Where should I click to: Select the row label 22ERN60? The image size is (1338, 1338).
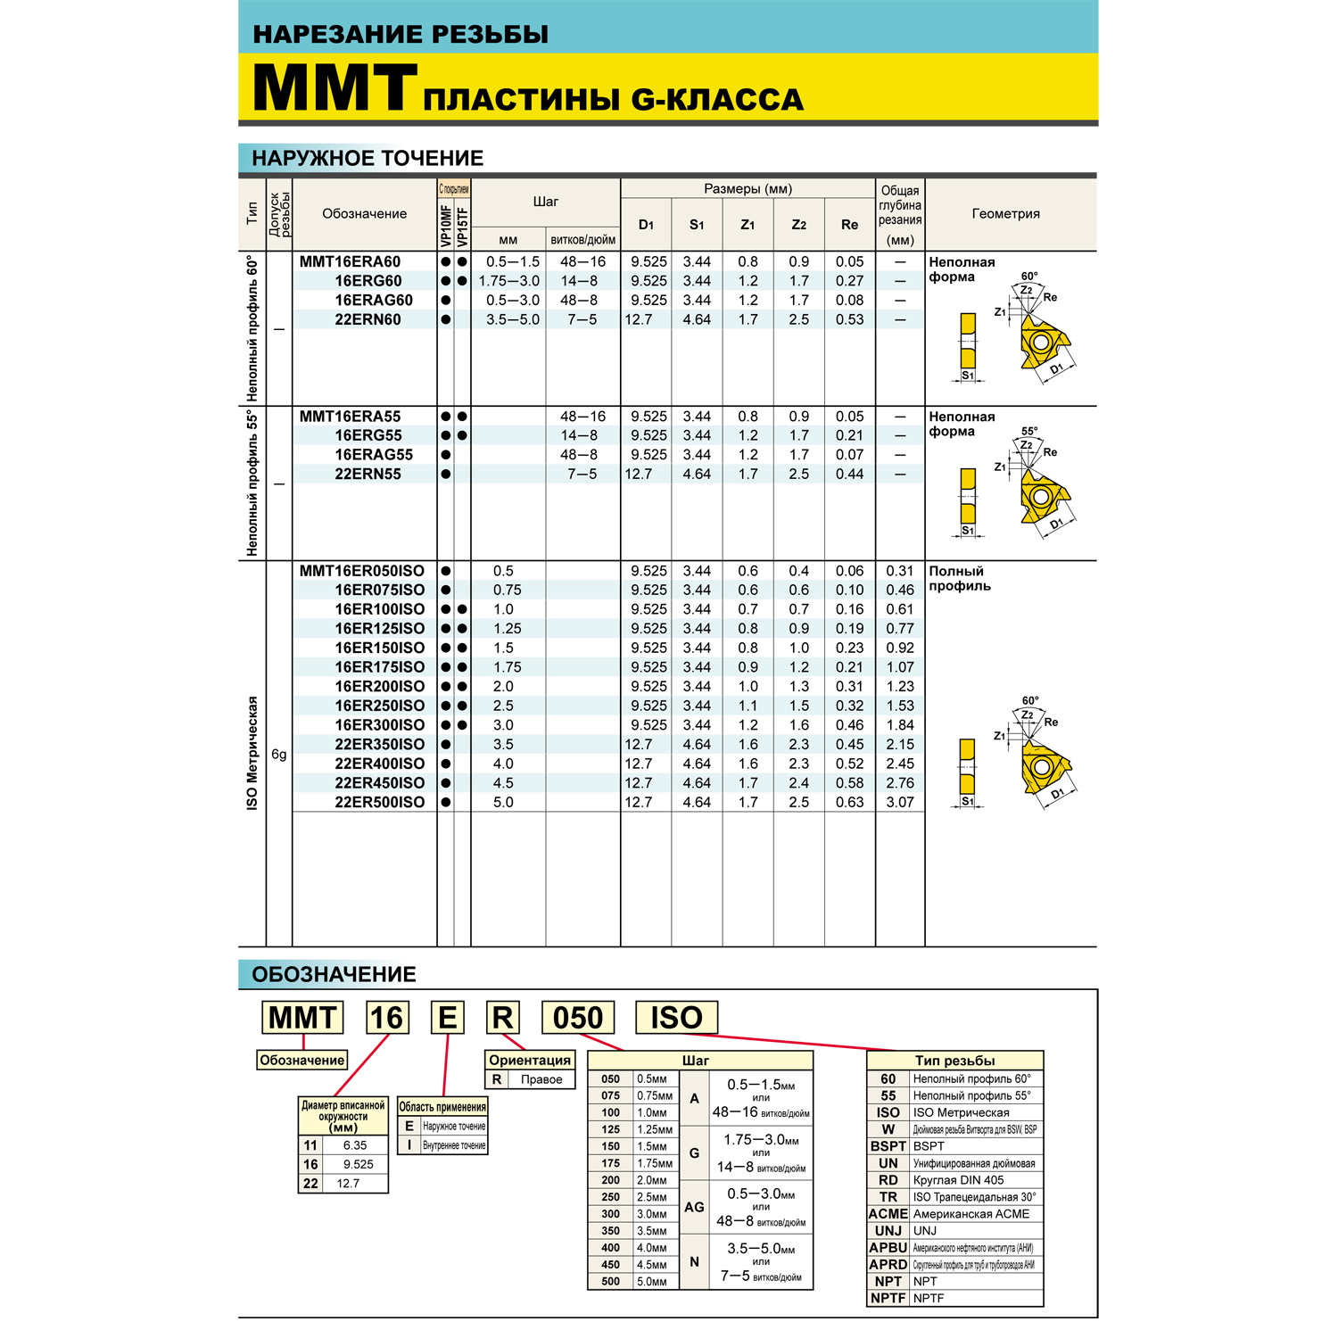(x=368, y=319)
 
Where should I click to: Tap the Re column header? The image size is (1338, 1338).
(x=849, y=225)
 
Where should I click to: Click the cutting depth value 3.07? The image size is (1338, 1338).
(x=900, y=802)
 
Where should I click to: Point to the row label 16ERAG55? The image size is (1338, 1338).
(x=374, y=455)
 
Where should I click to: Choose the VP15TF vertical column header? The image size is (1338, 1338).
(x=462, y=227)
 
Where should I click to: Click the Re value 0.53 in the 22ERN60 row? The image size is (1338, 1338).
(x=849, y=319)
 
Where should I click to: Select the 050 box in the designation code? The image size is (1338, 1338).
(x=578, y=1018)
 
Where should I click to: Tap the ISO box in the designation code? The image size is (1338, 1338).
(x=676, y=1018)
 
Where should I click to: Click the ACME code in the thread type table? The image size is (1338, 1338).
(x=888, y=1214)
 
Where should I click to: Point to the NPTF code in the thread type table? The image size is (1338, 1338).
(x=888, y=1298)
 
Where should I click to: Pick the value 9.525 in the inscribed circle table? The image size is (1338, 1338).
(x=358, y=1164)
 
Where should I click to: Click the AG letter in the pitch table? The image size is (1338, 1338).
(x=694, y=1207)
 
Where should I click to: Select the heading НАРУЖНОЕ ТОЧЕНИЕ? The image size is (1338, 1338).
(x=368, y=158)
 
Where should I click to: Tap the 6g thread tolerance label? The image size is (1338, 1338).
(x=279, y=755)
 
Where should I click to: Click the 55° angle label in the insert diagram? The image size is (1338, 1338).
(x=1029, y=432)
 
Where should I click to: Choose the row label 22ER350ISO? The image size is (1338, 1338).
(x=380, y=744)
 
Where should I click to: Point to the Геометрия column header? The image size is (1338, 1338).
(x=1005, y=213)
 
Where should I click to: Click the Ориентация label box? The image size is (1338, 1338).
(x=530, y=1060)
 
